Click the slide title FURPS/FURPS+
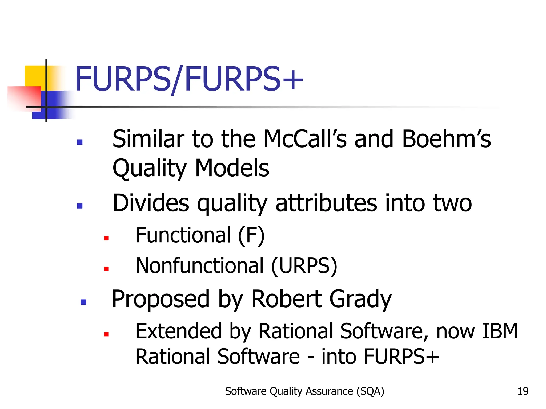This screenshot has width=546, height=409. tap(189, 79)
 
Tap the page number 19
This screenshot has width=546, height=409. tap(523, 391)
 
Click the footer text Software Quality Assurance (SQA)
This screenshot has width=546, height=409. tap(304, 391)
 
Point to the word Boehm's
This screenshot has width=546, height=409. tap(446, 139)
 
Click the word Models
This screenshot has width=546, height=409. tap(232, 168)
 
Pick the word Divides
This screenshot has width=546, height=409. tap(151, 203)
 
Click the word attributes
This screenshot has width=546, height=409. tap(326, 203)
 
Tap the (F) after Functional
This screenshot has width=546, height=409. tap(251, 235)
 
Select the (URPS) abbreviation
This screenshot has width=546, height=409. tap(304, 266)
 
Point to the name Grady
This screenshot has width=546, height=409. tap(360, 299)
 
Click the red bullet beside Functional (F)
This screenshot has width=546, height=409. tap(106, 238)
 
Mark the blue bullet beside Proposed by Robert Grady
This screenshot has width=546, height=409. tap(83, 302)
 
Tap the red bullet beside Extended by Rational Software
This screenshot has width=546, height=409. tap(106, 334)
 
